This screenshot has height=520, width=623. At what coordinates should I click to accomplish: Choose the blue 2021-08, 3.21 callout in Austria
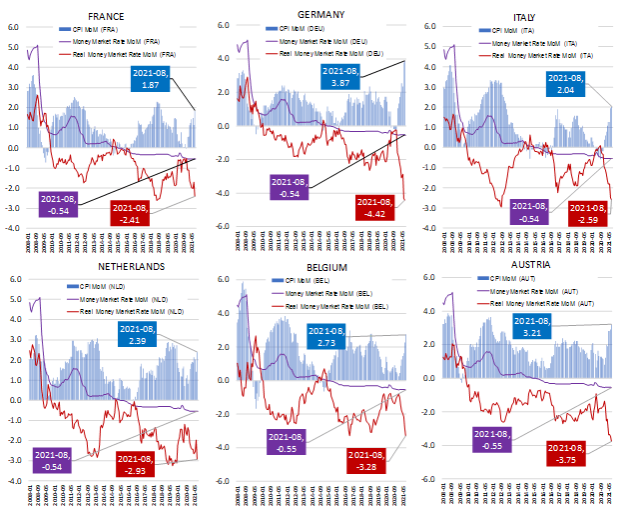[537, 327]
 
